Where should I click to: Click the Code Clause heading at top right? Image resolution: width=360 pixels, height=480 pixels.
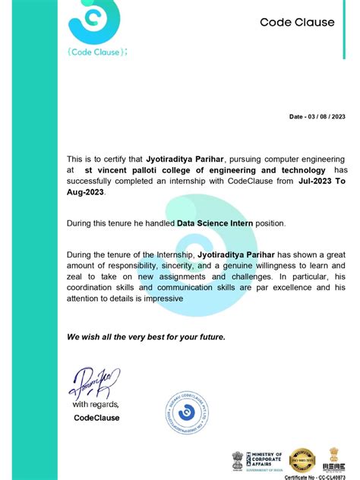coord(297,22)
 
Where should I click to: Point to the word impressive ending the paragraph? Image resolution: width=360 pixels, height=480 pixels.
coord(156,298)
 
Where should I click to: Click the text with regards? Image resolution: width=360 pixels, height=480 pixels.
coord(96,405)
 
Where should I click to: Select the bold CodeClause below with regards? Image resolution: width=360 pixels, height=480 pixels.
coord(96,417)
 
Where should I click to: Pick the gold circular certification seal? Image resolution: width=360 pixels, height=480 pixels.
coord(302,459)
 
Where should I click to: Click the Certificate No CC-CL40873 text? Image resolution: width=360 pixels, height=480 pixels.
coord(318,475)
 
